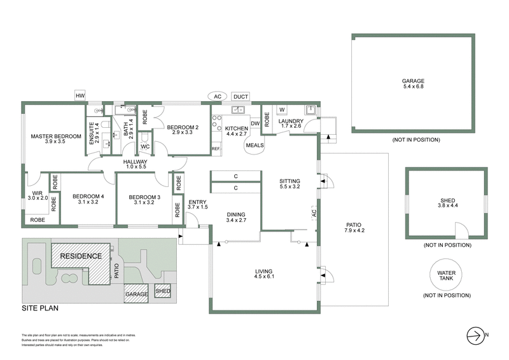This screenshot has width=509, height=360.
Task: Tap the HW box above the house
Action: click(x=80, y=96)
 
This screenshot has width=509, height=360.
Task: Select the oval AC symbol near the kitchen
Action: click(x=217, y=97)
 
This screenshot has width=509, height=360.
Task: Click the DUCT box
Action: click(x=241, y=97)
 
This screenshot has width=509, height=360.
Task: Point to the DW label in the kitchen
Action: click(x=254, y=123)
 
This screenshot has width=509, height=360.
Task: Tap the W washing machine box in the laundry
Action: click(x=281, y=109)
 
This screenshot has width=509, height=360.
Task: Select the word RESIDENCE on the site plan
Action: click(x=81, y=256)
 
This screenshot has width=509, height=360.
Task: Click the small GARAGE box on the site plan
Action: click(x=137, y=294)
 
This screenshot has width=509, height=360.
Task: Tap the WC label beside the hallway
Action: click(x=144, y=147)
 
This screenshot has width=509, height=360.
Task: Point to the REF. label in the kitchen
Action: click(x=216, y=149)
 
